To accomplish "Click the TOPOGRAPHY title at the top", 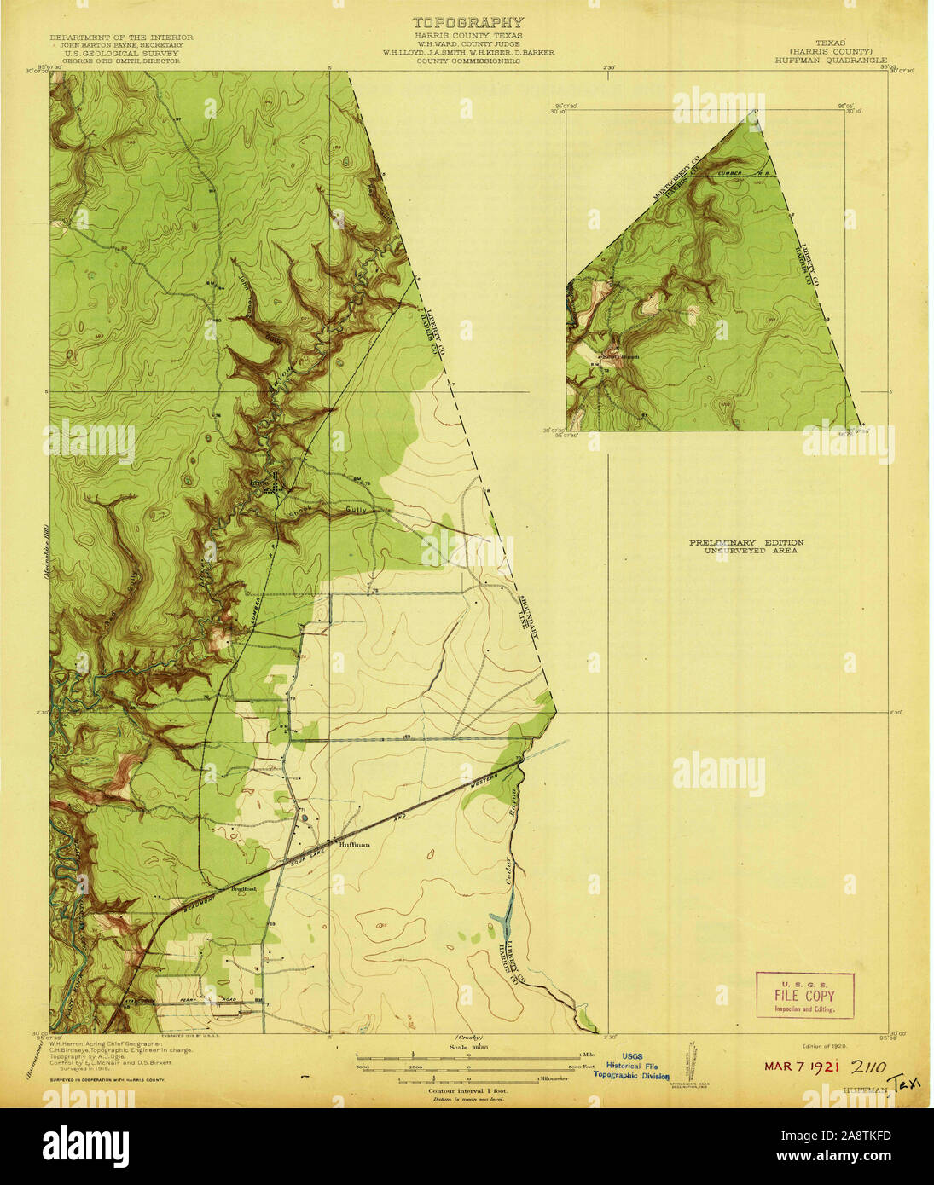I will [x=467, y=23].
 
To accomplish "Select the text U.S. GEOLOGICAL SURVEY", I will [x=121, y=53].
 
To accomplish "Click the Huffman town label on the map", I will [x=354, y=844].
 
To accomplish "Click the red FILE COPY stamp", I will [x=804, y=996].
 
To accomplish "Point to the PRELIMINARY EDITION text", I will [x=746, y=542].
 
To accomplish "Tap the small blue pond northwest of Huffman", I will [x=305, y=819].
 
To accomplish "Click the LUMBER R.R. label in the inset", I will [x=739, y=173].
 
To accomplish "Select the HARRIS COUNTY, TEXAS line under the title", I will [x=467, y=36].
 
